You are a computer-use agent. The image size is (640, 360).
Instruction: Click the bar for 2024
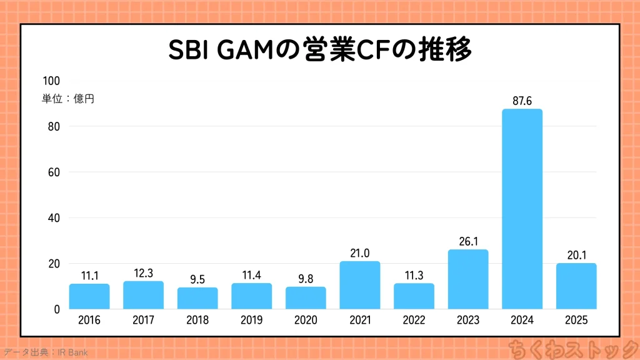[x=522, y=209]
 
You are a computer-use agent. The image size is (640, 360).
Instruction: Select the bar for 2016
[x=89, y=296]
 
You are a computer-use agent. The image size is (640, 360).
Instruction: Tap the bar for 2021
[x=360, y=285]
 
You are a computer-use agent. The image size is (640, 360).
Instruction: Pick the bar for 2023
[x=468, y=279]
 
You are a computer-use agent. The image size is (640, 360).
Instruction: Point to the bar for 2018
[x=197, y=298]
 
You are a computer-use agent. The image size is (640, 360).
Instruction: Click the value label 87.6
[x=522, y=100]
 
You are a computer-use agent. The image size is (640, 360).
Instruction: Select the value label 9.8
[x=306, y=277]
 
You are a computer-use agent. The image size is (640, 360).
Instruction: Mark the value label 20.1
[x=576, y=254]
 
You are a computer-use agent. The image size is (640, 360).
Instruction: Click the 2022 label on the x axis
[x=414, y=320]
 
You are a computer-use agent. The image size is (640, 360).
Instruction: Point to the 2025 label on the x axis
[x=576, y=320]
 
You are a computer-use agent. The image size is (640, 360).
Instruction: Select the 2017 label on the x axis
[x=143, y=320]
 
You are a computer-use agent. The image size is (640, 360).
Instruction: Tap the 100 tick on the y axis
[x=51, y=81]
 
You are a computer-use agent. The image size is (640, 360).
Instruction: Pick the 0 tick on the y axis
[x=56, y=309]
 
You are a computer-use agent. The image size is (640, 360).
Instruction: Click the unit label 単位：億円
[x=68, y=98]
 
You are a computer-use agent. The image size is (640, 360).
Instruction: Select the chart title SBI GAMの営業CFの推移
[x=319, y=51]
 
